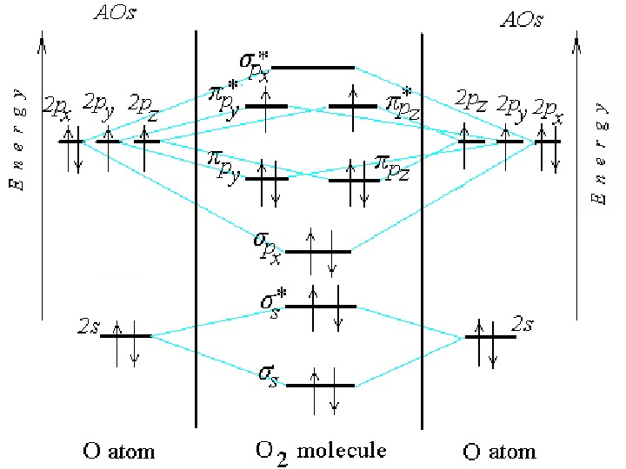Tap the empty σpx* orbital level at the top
pyautogui.click(x=314, y=67)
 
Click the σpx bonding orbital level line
pyautogui.click(x=318, y=252)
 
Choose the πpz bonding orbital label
pyautogui.click(x=392, y=164)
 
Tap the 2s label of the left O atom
pyautogui.click(x=87, y=327)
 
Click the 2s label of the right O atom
pyautogui.click(x=523, y=324)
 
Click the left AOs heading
pyautogui.click(x=111, y=14)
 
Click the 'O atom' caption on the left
pyautogui.click(x=118, y=451)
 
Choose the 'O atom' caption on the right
pyautogui.click(x=498, y=452)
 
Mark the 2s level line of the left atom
pyautogui.click(x=126, y=336)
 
